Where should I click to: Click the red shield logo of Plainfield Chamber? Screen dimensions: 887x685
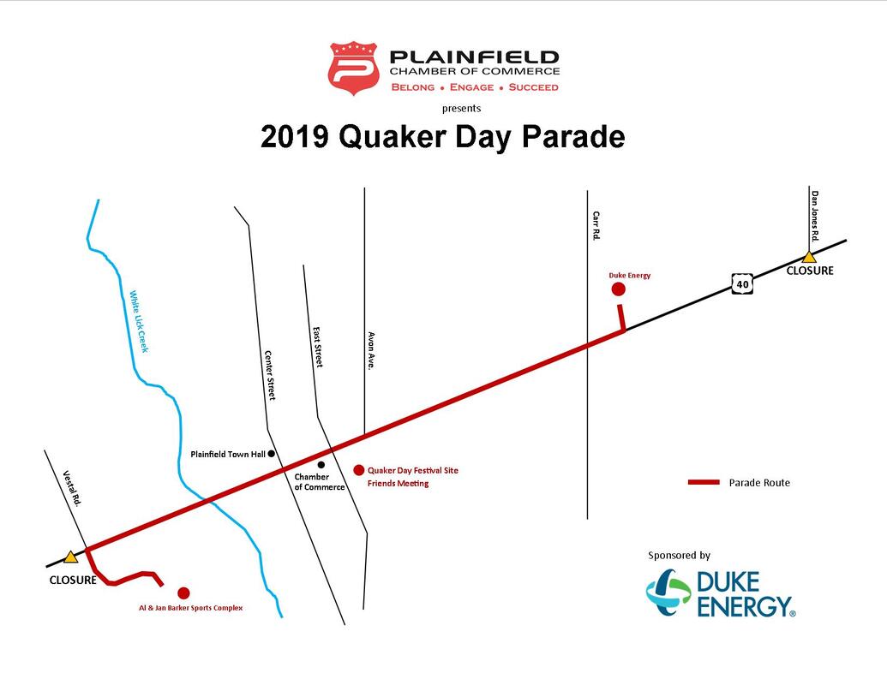pos(354,68)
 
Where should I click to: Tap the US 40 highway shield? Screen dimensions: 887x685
pos(742,283)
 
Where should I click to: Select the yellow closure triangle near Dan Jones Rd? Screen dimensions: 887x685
pos(809,257)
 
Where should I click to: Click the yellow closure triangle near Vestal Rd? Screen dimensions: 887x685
pos(70,557)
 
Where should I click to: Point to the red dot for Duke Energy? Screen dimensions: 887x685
pos(618,289)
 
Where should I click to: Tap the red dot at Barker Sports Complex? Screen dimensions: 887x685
pos(183,593)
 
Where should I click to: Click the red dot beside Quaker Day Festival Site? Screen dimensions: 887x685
pos(358,470)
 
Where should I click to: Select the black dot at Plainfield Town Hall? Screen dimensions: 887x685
pos(272,453)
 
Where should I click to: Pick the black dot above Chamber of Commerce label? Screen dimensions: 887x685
pos(321,465)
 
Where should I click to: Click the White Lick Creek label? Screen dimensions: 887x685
pos(139,322)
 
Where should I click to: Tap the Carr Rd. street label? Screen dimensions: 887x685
pos(596,226)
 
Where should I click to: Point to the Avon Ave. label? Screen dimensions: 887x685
pos(371,350)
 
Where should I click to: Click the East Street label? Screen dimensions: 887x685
pos(318,347)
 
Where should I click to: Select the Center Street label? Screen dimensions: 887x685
pos(270,375)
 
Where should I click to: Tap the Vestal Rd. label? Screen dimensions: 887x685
pos(72,488)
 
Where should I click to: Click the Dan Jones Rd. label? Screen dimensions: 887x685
pos(815,216)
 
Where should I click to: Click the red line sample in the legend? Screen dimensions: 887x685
pos(704,482)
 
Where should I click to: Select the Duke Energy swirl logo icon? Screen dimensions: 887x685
pos(668,592)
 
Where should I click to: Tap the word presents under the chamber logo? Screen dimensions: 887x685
pos(462,109)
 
